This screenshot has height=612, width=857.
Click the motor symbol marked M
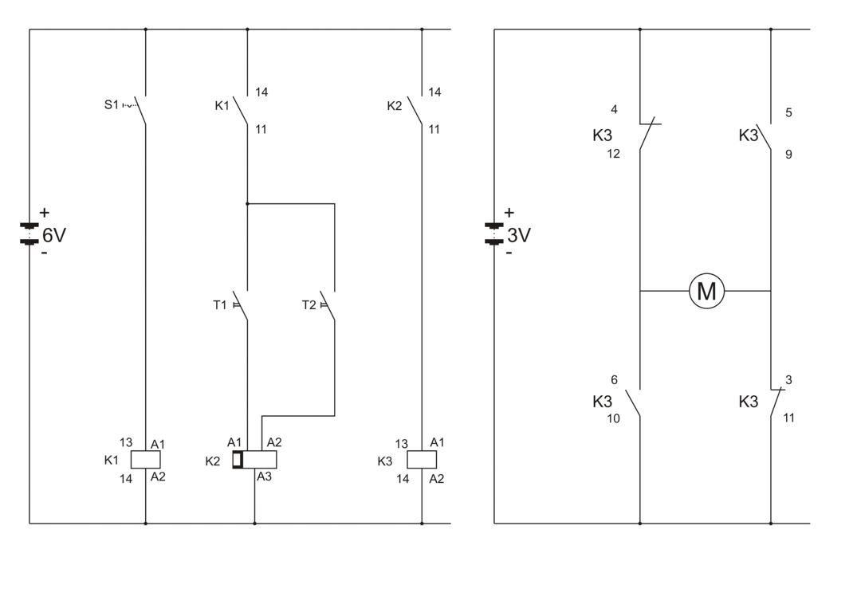click(x=706, y=291)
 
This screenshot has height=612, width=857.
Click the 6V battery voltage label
click(x=54, y=235)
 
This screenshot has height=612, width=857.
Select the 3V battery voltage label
click(x=519, y=236)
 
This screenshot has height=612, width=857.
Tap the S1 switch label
click(x=112, y=104)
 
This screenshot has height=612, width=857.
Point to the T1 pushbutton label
click(x=220, y=304)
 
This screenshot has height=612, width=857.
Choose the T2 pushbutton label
click(x=309, y=304)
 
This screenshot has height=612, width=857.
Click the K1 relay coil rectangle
click(x=145, y=459)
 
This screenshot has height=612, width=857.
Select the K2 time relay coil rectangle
click(x=257, y=459)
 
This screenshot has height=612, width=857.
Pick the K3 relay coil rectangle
click(x=422, y=459)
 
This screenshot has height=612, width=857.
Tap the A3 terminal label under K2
click(x=264, y=477)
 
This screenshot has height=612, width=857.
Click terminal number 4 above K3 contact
click(x=614, y=109)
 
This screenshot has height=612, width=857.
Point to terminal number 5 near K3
click(x=788, y=112)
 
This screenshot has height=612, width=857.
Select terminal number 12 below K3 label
click(x=612, y=154)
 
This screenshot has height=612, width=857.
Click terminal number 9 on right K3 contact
click(x=788, y=155)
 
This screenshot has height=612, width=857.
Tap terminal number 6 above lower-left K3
click(x=614, y=380)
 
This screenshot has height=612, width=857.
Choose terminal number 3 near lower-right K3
click(x=788, y=380)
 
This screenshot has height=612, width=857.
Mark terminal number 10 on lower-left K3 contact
click(x=612, y=418)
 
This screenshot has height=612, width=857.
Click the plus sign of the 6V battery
click(x=44, y=213)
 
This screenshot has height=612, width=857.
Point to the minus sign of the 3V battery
click(x=509, y=253)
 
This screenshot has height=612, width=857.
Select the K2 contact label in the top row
click(x=395, y=106)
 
